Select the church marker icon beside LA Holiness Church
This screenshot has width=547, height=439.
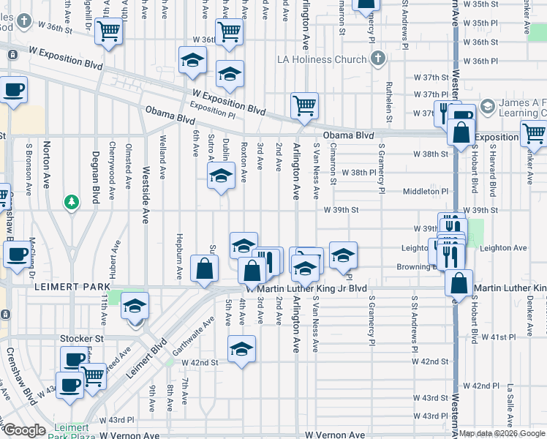click(x=377, y=59)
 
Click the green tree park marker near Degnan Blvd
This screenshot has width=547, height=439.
click(x=71, y=201)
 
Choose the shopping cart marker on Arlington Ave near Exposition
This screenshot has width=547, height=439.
click(x=304, y=105)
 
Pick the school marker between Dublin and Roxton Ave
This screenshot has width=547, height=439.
click(x=220, y=176)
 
